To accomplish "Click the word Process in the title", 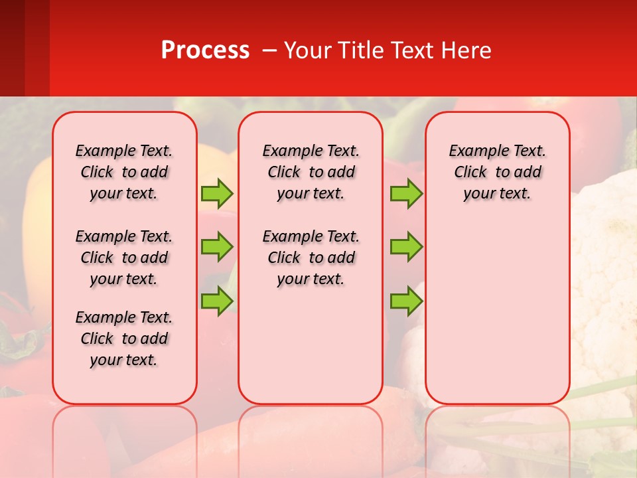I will pos(205,50).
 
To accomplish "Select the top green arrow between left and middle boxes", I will pos(217,193).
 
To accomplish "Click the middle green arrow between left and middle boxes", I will pos(217,247).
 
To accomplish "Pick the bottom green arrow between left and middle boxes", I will pos(217,301).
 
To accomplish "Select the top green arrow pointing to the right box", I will pos(406,193).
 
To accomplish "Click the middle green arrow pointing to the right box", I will pos(406,247).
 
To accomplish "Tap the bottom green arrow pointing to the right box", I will pos(406,301).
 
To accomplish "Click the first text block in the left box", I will pos(124,172).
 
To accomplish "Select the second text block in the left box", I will pos(124,258).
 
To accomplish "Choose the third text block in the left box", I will pos(124,339).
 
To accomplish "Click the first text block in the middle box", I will pos(311,172).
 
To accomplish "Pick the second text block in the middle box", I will pos(311,258).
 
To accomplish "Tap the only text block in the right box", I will pos(497,172).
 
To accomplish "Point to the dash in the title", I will pos(269,51).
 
